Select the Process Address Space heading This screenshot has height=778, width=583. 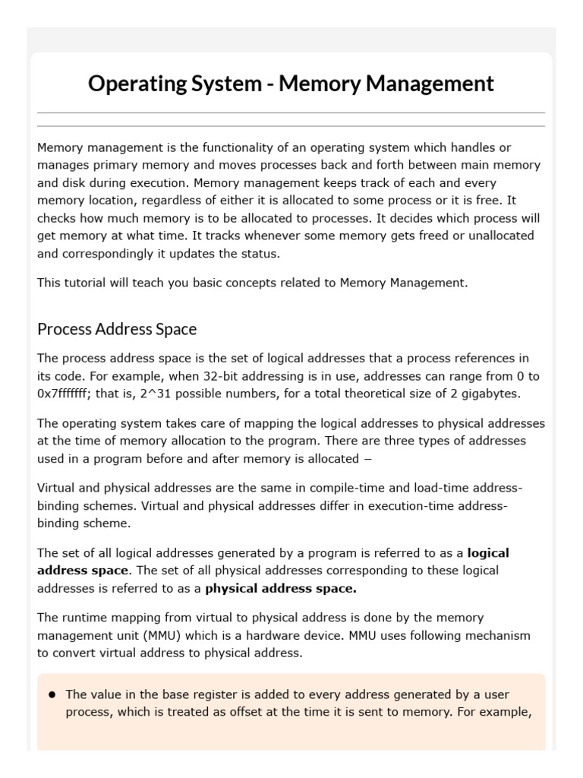(117, 329)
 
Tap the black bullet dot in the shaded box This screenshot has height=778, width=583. (52, 694)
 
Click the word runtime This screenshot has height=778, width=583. (86, 618)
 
